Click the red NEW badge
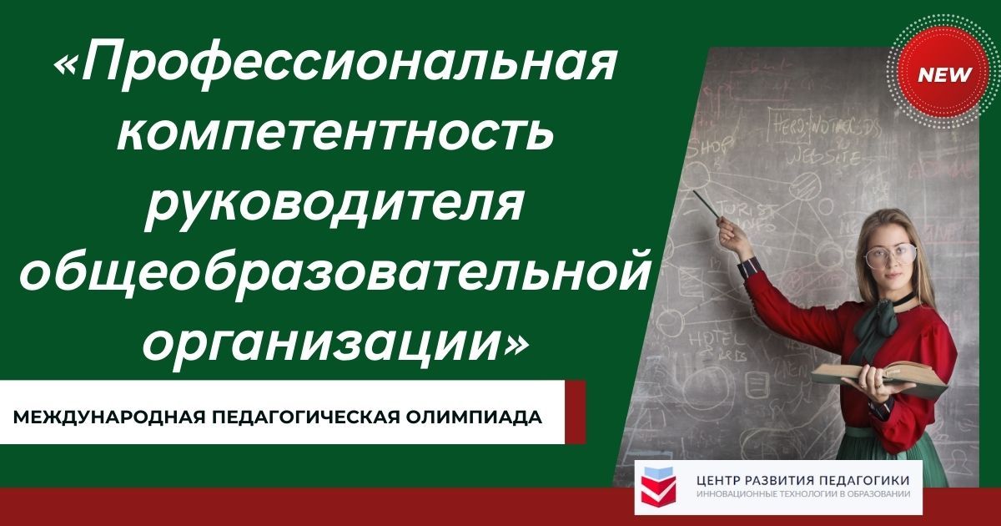pos(944,74)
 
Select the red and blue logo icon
pos(659,487)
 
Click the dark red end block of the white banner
pos(575,412)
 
